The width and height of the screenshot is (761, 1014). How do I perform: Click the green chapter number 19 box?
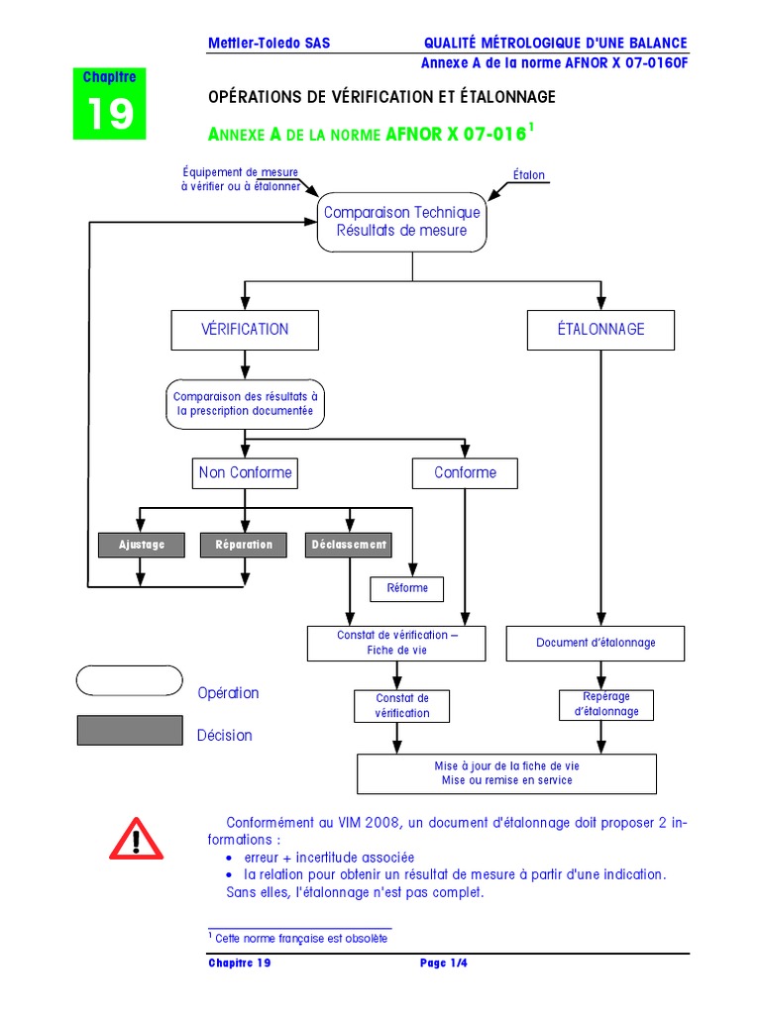(109, 105)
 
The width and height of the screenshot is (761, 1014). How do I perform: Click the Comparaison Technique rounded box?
(401, 222)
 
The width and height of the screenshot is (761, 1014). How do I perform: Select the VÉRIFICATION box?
(245, 330)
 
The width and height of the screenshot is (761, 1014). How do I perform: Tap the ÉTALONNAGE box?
(600, 330)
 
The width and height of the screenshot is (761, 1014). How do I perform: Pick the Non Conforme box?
(245, 473)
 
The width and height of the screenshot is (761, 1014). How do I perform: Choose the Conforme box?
(465, 473)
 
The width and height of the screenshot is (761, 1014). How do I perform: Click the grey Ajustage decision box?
(142, 545)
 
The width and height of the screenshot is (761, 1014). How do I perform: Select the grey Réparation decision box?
(244, 545)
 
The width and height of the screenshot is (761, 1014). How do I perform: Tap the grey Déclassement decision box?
(349, 545)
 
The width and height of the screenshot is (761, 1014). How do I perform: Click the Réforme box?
(407, 588)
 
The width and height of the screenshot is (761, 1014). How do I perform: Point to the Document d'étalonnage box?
(596, 643)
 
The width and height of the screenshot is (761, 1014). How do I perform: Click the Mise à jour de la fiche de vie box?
(506, 773)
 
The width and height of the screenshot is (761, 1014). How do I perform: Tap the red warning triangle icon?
(136, 840)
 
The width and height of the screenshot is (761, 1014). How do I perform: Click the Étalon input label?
(528, 175)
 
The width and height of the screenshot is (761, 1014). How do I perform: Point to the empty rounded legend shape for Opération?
(130, 681)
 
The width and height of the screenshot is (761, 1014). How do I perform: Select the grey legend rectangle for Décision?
(130, 731)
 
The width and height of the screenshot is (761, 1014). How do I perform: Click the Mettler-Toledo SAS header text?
(269, 44)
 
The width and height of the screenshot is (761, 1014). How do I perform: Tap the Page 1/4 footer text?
(443, 963)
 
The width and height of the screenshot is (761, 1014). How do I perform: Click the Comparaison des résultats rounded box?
(245, 403)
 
